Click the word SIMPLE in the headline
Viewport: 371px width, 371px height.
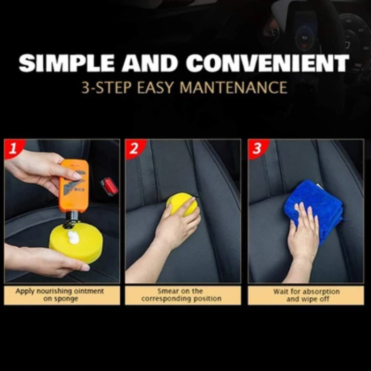[66, 63]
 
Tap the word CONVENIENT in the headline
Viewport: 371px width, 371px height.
[268, 63]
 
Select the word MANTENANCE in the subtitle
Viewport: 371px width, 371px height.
[233, 88]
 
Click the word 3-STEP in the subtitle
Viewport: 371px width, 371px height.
[106, 88]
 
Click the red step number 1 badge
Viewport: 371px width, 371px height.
[13, 148]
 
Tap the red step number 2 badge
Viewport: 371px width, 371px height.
[134, 148]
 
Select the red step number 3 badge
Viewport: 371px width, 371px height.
[257, 148]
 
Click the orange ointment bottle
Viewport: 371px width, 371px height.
[74, 186]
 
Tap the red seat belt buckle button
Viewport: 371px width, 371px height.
[109, 186]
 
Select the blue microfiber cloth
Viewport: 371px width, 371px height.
[315, 208]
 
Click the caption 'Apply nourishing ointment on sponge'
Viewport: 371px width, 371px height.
[60, 295]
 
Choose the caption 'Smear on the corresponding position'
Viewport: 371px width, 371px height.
[181, 295]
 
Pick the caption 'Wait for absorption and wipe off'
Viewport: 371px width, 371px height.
[307, 295]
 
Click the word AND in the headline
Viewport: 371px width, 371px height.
[150, 63]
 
